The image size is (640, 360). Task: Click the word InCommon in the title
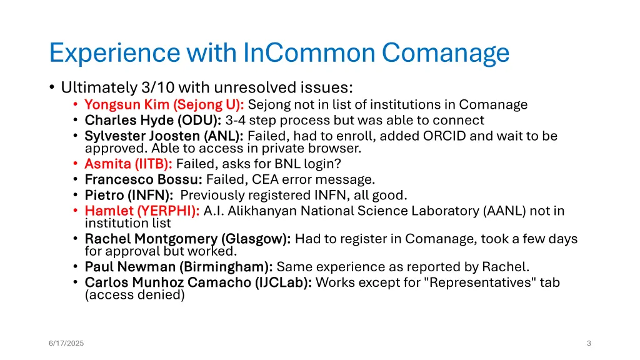point(309,53)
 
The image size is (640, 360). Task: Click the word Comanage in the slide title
point(446,53)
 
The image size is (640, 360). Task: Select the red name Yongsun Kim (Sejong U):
point(164,104)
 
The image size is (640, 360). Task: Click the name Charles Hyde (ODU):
point(153,120)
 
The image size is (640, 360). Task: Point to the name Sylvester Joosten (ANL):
point(164,136)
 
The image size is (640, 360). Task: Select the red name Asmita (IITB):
point(128,164)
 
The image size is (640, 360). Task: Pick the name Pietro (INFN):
point(129,195)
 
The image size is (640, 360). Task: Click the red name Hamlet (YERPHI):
point(142,211)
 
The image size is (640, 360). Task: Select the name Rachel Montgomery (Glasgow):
point(187,239)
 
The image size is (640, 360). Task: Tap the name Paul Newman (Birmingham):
point(179,267)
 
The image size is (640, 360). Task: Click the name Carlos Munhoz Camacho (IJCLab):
point(199,282)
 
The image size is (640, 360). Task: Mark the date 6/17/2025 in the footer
point(67,343)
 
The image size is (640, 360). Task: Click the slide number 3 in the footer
point(589,343)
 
